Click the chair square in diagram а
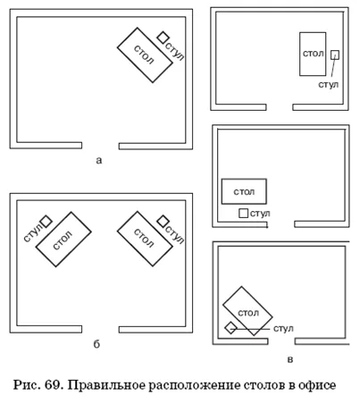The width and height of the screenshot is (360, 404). pos(163,38)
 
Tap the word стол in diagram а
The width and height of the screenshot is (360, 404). pos(145,55)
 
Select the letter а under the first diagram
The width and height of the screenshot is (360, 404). pos(99,160)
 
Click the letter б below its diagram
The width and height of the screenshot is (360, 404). pos(96,344)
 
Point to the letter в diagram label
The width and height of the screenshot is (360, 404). pos(289,359)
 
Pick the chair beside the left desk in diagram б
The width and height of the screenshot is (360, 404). pos(46,222)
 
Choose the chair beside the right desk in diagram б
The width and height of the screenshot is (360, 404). pos(163,222)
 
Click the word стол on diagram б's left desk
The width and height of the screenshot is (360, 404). pos(63,240)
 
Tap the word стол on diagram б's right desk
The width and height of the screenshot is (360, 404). pos(145,239)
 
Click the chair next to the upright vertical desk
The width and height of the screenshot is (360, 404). pos(335,55)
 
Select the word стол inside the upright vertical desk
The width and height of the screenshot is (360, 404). pos(313,54)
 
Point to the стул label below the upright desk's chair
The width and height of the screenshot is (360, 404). pos(329,85)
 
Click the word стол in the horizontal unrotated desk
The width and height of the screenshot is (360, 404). pos(244,192)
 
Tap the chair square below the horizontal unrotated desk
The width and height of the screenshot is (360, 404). pos(243,213)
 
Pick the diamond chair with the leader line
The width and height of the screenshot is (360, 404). pos(230,328)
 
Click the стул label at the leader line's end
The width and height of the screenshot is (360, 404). pos(283,328)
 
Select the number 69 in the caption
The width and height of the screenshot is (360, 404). pos(53,385)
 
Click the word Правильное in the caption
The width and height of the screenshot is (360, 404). pos(106,385)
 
